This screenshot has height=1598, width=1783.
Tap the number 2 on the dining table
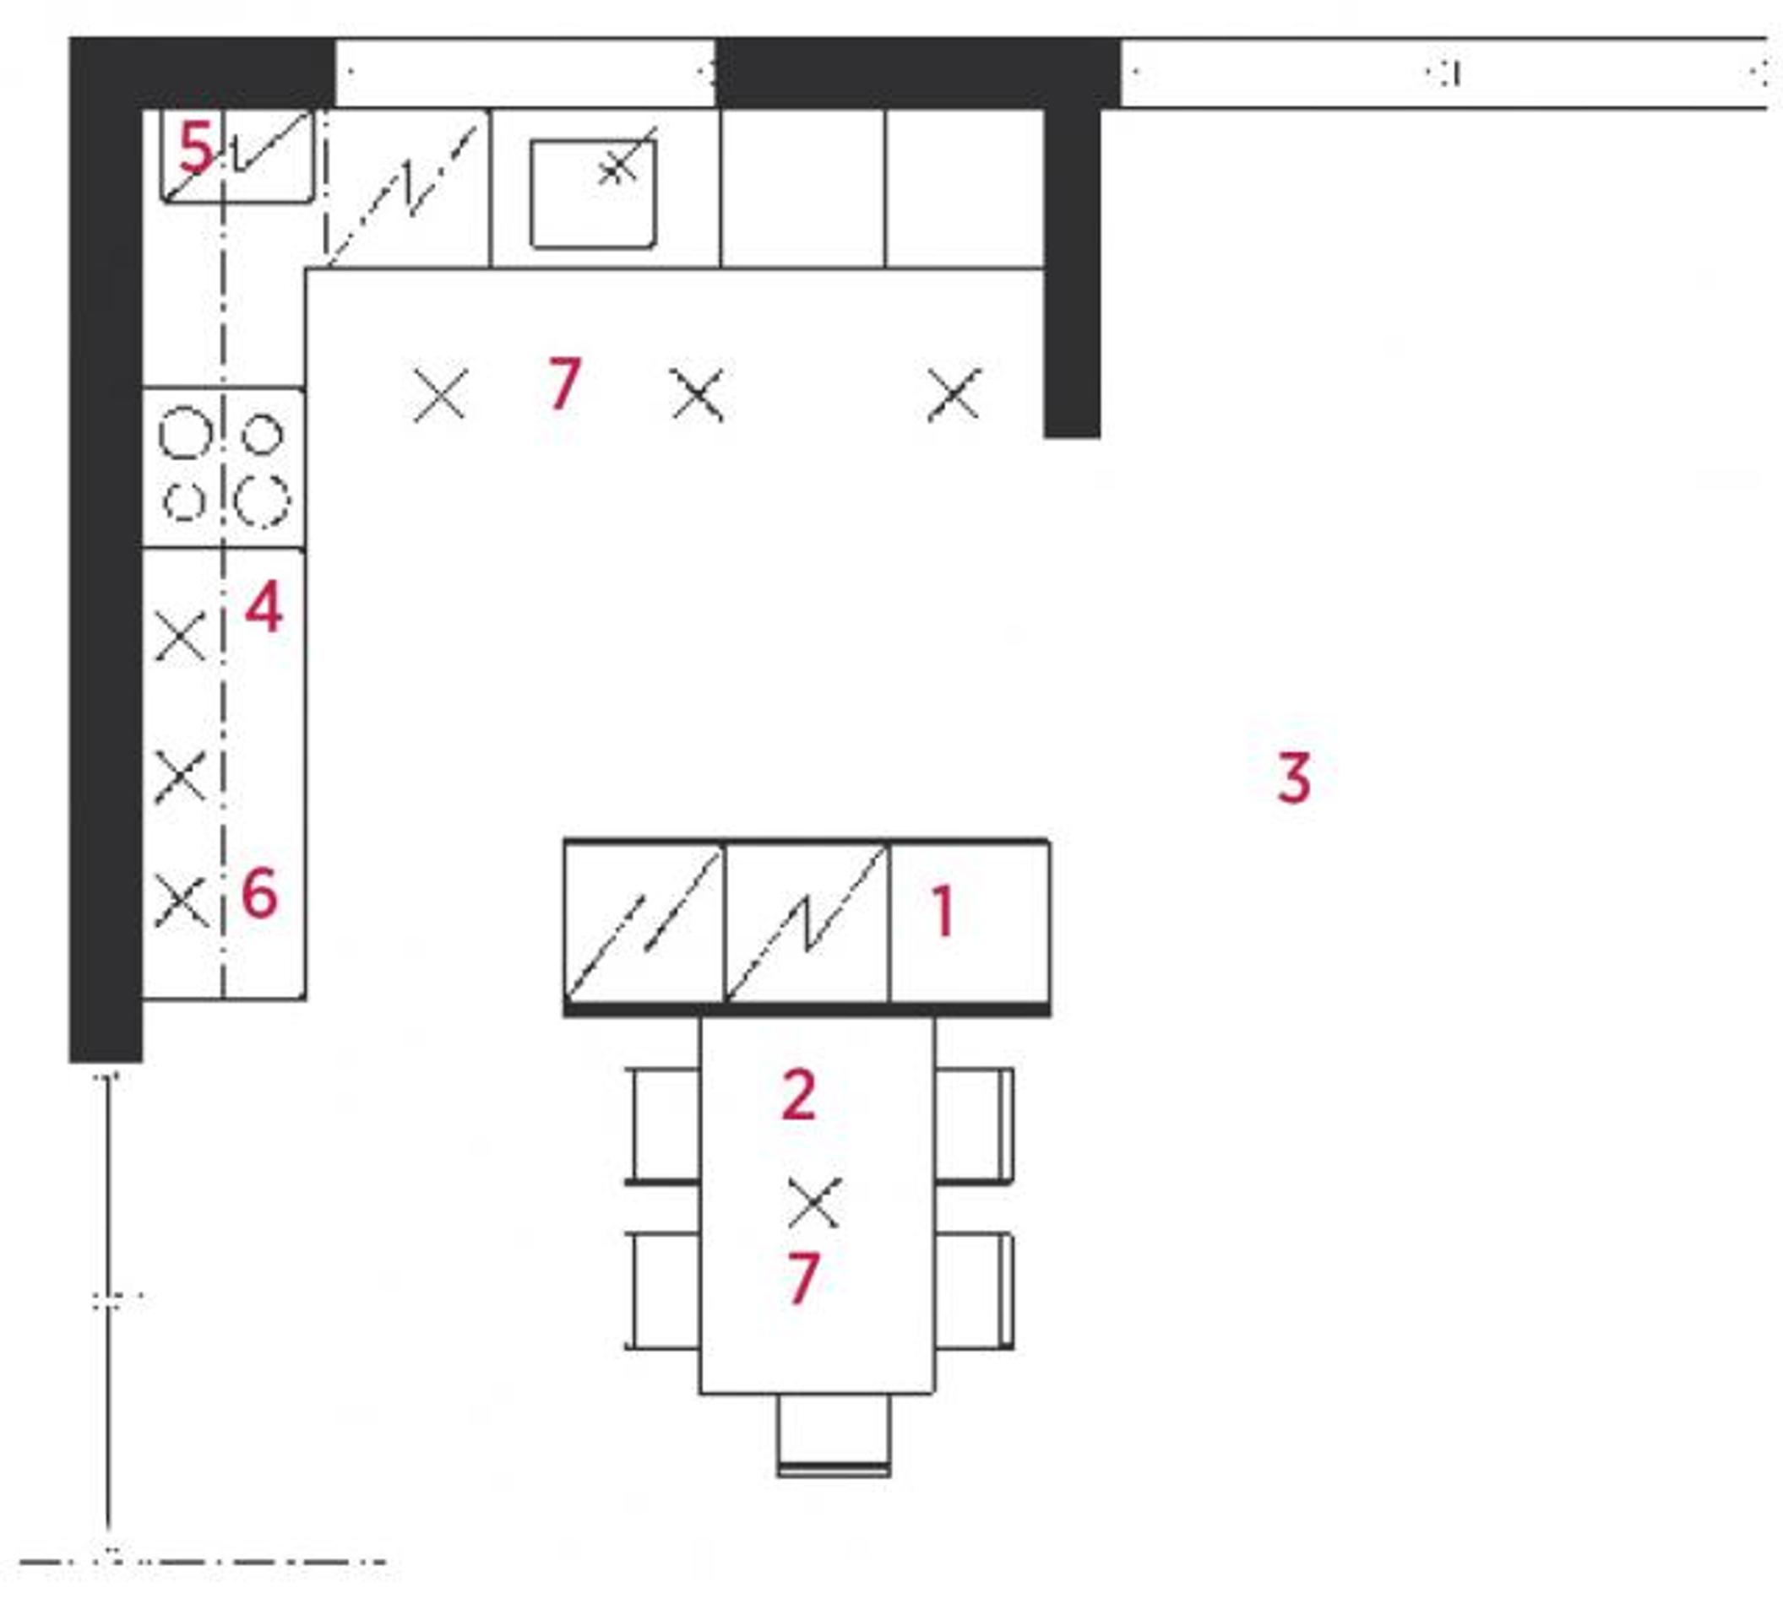pyautogui.click(x=798, y=1095)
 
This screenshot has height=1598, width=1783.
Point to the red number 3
pyautogui.click(x=1294, y=777)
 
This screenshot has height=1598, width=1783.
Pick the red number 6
pyautogui.click(x=260, y=894)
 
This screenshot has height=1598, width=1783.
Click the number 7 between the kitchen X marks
pyautogui.click(x=564, y=382)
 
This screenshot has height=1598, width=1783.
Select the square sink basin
pyautogui.click(x=593, y=193)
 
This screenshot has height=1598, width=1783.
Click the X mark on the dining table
pyautogui.click(x=814, y=1202)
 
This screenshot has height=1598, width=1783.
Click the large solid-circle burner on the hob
pyautogui.click(x=185, y=433)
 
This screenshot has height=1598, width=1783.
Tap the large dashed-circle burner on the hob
pyautogui.click(x=262, y=501)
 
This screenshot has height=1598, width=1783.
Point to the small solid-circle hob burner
pyautogui.click(x=262, y=434)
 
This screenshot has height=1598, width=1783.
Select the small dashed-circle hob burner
pyautogui.click(x=184, y=501)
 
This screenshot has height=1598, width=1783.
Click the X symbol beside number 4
pyautogui.click(x=180, y=636)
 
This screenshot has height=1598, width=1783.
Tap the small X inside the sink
pyautogui.click(x=617, y=167)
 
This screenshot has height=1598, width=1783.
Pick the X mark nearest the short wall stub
pyautogui.click(x=954, y=394)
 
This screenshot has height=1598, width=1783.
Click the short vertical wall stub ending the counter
pyautogui.click(x=1072, y=272)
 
